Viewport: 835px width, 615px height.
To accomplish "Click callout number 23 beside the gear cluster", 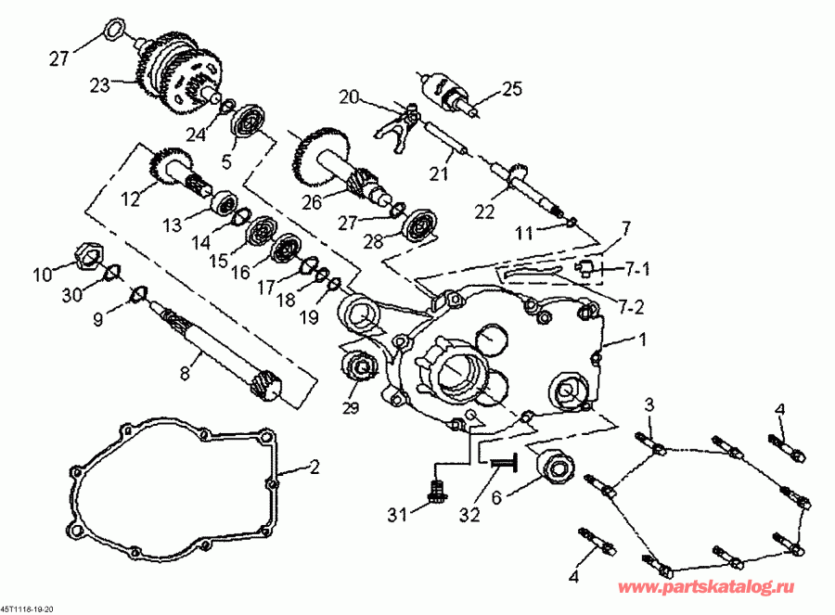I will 99,83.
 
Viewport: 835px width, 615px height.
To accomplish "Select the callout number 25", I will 513,89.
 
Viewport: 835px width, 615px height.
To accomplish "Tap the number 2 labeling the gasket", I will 315,468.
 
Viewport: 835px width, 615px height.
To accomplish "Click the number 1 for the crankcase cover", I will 639,340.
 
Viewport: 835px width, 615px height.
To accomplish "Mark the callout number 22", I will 484,211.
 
